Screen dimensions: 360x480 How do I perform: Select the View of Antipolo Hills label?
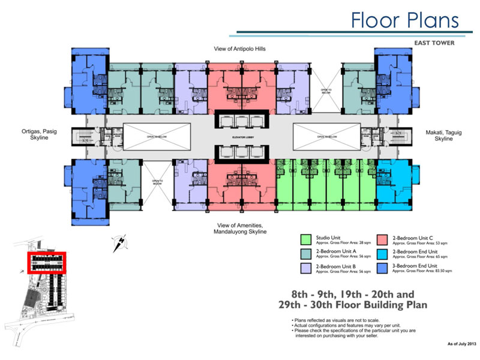pos(241,48)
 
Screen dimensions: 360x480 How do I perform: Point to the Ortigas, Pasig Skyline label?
pos(38,134)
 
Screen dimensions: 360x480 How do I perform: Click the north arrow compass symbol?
pos(119,243)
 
